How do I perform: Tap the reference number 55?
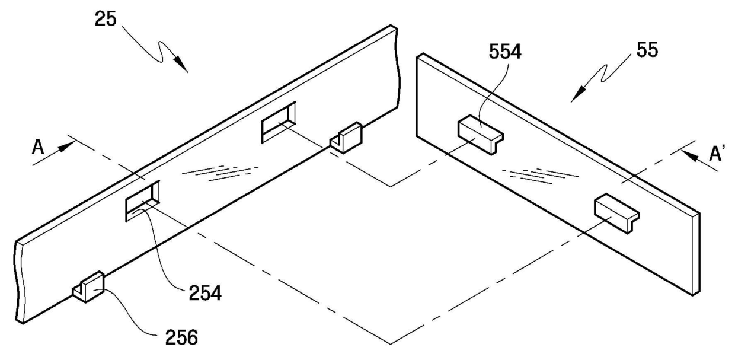pyautogui.click(x=645, y=50)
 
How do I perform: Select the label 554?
pyautogui.click(x=506, y=53)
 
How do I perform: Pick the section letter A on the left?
pyautogui.click(x=39, y=147)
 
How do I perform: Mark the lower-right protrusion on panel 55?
pyautogui.click(x=616, y=211)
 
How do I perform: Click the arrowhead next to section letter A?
pyautogui.click(x=67, y=144)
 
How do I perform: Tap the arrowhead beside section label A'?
pyautogui.click(x=689, y=155)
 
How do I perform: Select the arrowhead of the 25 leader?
pyautogui.click(x=182, y=66)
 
